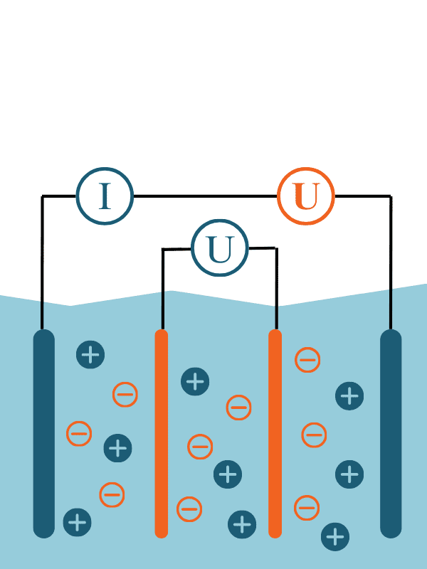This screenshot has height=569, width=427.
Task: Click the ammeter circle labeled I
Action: [105, 196]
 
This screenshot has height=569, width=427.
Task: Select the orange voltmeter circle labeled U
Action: [306, 196]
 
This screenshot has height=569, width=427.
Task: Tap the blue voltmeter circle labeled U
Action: [220, 249]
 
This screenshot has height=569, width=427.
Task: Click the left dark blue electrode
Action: [44, 434]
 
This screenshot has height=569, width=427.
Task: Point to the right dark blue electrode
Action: [391, 434]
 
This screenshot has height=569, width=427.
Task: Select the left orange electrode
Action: [162, 434]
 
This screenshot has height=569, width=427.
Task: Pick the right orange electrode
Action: [275, 434]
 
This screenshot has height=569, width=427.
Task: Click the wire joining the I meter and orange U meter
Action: [205, 196]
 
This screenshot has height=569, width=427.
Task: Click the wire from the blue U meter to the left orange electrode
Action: [163, 284]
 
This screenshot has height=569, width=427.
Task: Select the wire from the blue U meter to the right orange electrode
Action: [276, 284]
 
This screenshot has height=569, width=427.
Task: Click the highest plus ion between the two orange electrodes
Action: [195, 381]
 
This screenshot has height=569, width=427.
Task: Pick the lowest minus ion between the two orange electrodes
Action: [189, 509]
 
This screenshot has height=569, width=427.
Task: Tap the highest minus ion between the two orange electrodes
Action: [238, 408]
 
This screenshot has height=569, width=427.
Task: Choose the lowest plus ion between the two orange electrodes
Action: [242, 524]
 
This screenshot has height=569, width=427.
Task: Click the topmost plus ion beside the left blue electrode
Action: [90, 354]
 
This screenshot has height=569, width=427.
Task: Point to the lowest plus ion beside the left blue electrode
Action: [77, 522]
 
